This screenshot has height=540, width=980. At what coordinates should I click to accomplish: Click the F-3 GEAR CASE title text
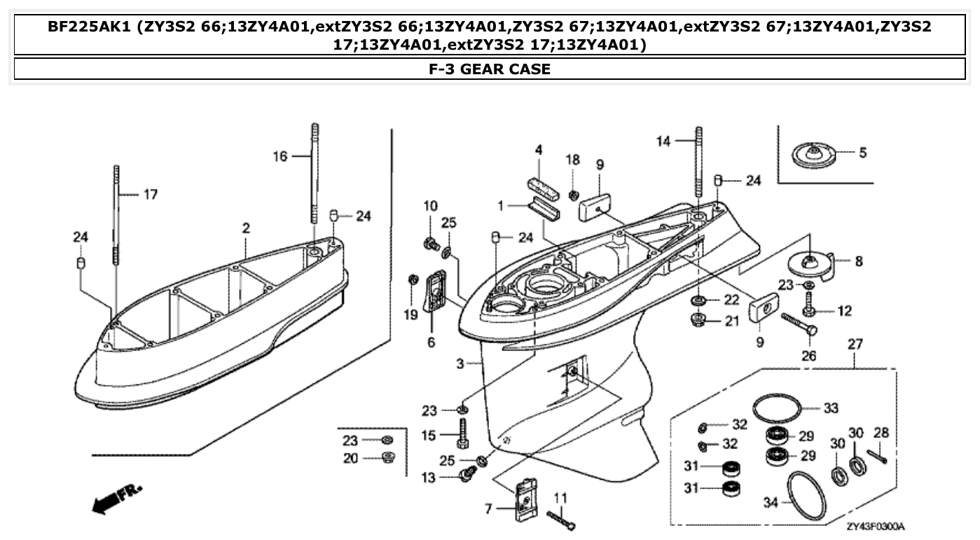[490, 69]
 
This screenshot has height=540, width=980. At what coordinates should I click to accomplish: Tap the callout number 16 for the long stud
[280, 157]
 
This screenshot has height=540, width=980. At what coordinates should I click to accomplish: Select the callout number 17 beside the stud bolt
[150, 195]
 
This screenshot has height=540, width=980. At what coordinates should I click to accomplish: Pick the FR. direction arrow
[116, 498]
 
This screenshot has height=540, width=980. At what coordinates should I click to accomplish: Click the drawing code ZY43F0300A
[875, 526]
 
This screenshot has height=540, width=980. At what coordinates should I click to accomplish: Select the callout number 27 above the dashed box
[855, 345]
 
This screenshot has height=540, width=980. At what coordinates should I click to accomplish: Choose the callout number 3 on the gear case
[460, 364]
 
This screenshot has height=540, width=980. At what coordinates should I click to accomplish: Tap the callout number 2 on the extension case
[246, 228]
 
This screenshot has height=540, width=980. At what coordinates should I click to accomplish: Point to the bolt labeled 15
[463, 434]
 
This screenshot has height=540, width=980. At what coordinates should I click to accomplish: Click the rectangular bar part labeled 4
[544, 189]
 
